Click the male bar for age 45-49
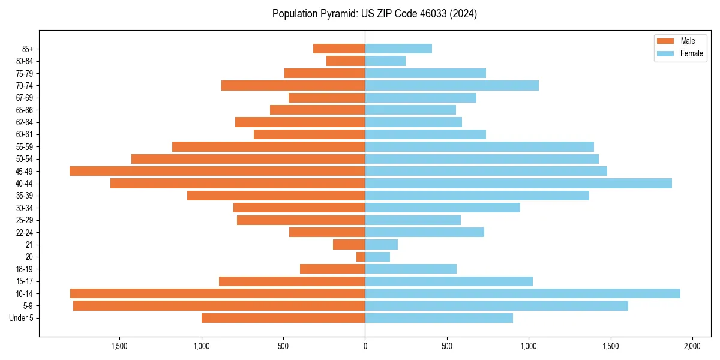pos(217,171)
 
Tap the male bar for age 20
pos(361,257)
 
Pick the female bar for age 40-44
pos(518,183)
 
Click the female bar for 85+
pos(398,49)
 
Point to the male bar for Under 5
pos(283,318)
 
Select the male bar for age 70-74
pos(293,85)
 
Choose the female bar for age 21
pos(382,244)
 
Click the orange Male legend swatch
pos(666,41)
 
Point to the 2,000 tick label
pos(692,346)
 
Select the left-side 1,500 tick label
pos(119,346)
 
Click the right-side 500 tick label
pos(446,346)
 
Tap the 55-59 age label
pos(24,146)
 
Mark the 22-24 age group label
pos(24,232)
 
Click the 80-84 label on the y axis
pos(24,61)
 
